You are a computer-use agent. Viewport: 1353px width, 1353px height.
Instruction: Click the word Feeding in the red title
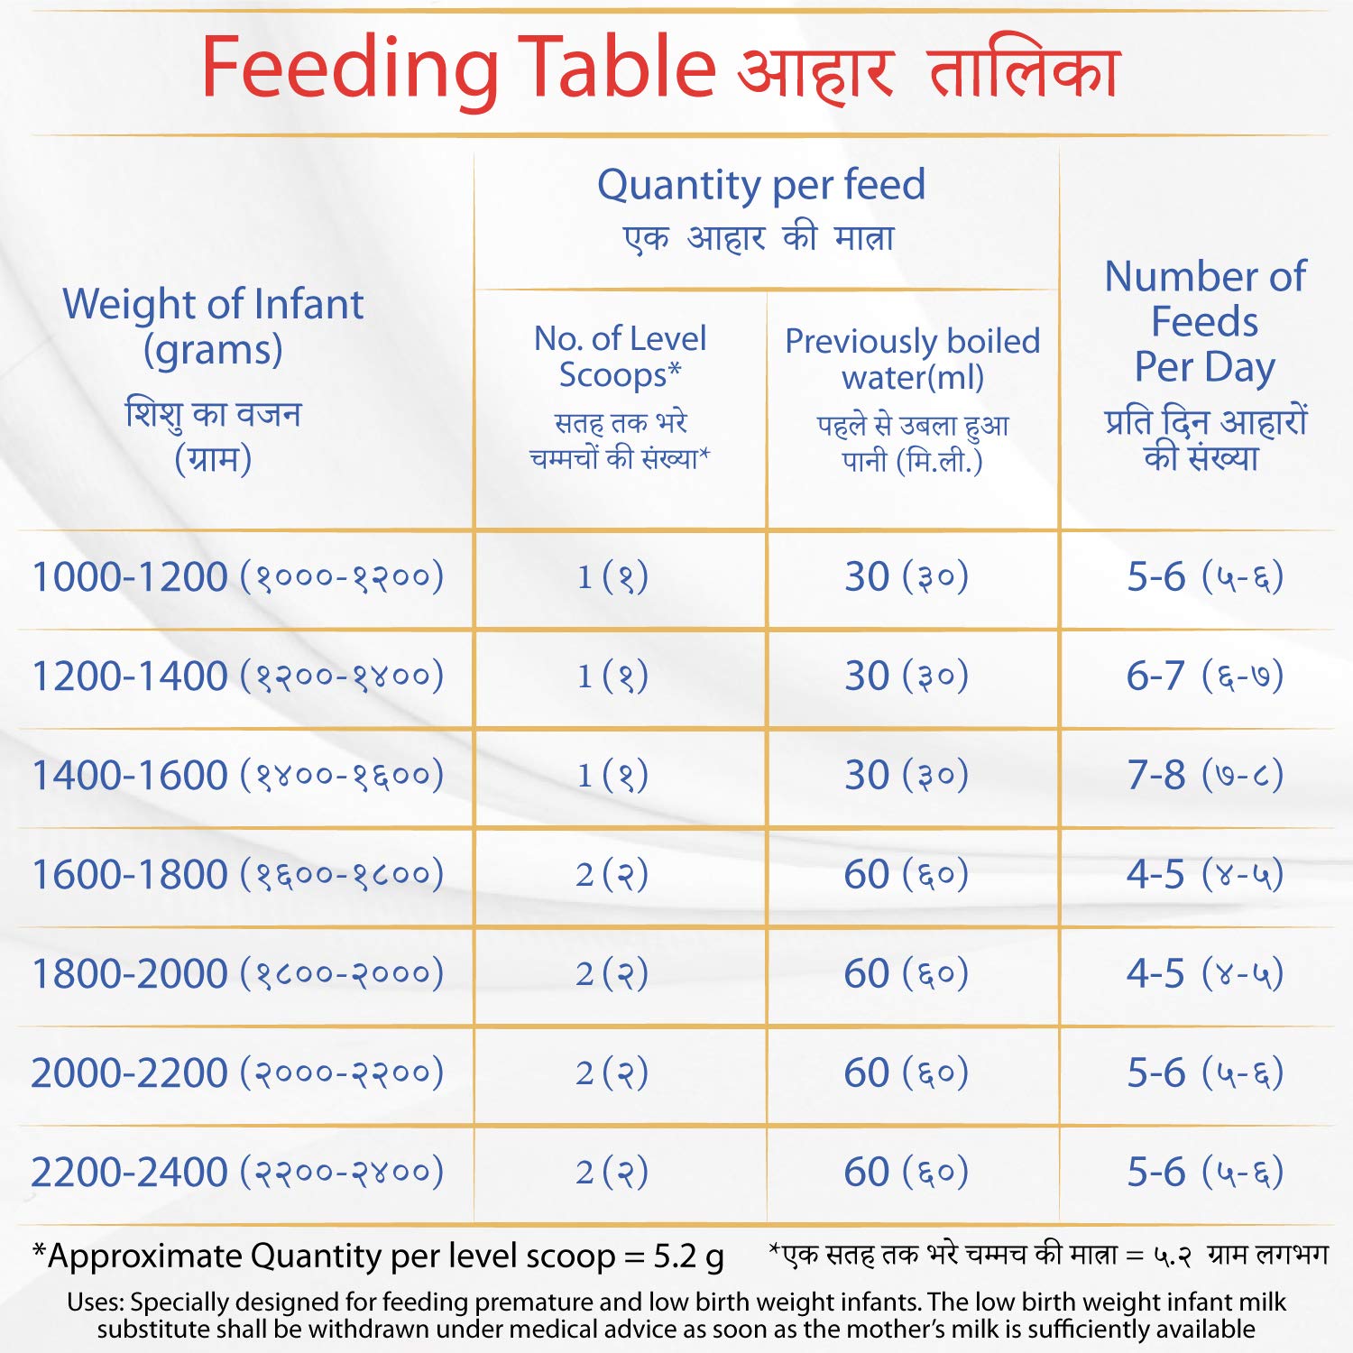[x=349, y=68]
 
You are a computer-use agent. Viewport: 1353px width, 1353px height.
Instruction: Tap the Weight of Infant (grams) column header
[x=213, y=327]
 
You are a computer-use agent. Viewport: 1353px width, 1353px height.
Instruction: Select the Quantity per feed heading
[x=761, y=185]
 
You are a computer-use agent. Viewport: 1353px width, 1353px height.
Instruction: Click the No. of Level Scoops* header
[x=621, y=356]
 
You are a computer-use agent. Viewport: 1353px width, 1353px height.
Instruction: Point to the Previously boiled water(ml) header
[x=912, y=359]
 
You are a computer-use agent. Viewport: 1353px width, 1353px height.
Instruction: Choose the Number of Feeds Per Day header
[x=1205, y=321]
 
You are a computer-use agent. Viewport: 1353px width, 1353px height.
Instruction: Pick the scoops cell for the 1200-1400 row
[x=612, y=676]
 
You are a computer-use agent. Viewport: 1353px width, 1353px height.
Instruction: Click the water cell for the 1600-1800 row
[x=906, y=874]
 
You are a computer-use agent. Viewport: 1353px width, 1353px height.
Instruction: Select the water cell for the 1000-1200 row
[x=906, y=576]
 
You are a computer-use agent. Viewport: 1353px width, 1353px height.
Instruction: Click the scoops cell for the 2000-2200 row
[x=612, y=1072]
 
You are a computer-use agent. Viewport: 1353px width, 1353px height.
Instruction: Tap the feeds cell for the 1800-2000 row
[x=1204, y=973]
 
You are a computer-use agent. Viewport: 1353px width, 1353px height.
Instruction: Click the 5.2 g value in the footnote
[x=689, y=1256]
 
